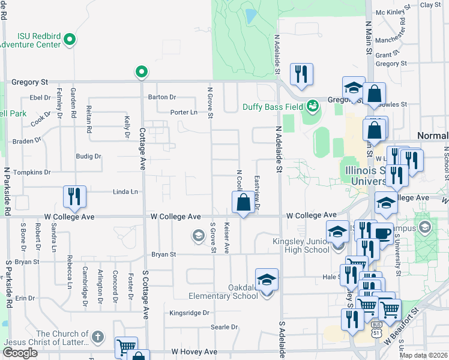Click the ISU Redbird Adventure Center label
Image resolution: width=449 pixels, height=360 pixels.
(x=30, y=40)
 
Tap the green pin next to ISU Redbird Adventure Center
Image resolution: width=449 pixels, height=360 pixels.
(x=70, y=41)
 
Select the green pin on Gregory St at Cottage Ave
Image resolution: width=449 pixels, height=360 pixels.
(x=142, y=72)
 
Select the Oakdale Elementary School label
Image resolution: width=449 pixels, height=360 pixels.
(x=223, y=292)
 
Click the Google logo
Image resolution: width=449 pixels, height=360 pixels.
(x=20, y=353)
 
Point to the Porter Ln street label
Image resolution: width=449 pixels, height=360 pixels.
(x=184, y=112)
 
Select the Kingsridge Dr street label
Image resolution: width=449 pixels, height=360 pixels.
(x=189, y=313)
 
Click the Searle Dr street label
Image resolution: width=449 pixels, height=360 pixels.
(x=224, y=327)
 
